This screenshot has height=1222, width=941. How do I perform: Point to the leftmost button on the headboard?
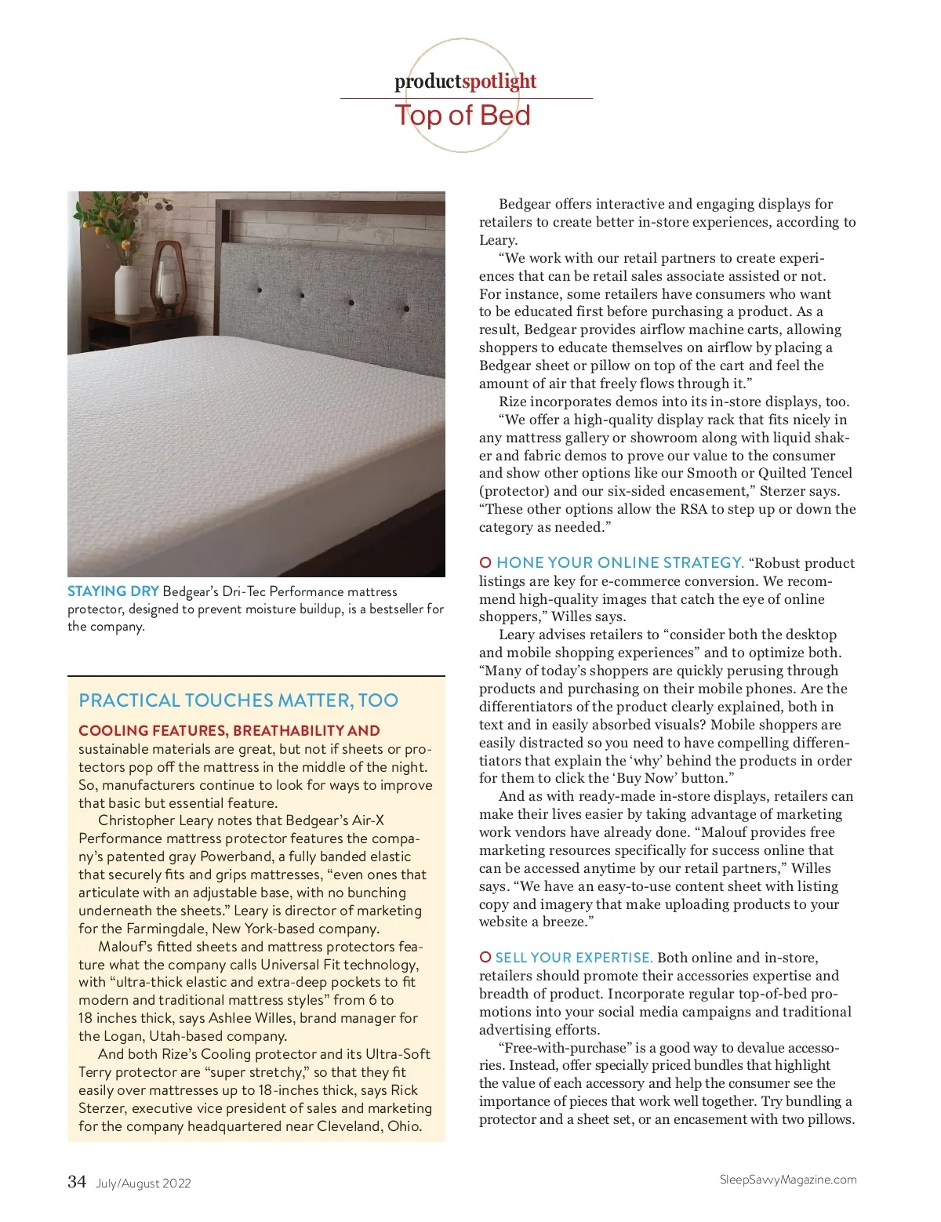click(x=260, y=290)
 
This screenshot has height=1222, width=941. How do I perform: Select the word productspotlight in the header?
click(x=465, y=81)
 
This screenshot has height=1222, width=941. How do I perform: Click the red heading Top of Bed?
click(x=463, y=115)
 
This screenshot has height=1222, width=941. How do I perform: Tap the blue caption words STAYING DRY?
click(x=113, y=591)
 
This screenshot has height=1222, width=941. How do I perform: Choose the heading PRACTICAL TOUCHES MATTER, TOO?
click(x=238, y=700)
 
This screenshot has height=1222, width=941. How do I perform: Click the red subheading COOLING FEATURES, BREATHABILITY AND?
click(x=229, y=731)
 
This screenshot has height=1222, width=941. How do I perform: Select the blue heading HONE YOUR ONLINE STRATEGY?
click(x=619, y=562)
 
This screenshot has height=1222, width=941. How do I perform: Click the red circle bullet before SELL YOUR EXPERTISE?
click(x=485, y=957)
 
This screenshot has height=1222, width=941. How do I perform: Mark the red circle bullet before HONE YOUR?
click(x=485, y=562)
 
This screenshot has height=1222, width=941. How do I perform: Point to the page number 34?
click(x=77, y=1182)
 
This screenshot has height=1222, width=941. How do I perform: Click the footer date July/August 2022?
click(x=144, y=1184)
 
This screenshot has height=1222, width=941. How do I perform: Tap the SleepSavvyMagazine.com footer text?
click(x=788, y=1180)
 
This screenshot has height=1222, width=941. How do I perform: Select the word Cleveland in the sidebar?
click(x=349, y=1126)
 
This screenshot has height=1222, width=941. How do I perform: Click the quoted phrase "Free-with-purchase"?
click(x=565, y=1048)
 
